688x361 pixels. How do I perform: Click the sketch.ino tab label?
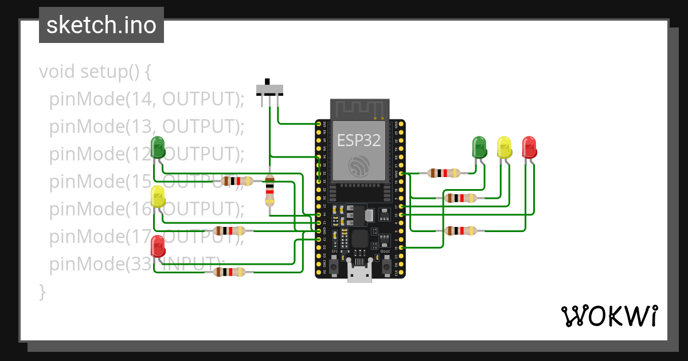tap(101, 25)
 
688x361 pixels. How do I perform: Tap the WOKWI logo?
tap(608, 316)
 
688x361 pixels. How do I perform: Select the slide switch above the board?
tap(269, 89)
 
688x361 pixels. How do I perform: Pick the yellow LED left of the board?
tap(158, 197)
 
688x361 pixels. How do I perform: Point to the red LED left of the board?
tap(158, 246)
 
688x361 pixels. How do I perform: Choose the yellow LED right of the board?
tap(504, 147)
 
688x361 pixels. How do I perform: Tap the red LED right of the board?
tap(529, 147)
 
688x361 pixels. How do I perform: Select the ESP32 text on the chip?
tap(359, 140)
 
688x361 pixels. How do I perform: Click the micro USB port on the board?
tap(359, 274)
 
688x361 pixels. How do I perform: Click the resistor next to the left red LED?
tap(229, 272)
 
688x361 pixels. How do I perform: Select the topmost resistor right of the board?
tap(444, 173)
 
